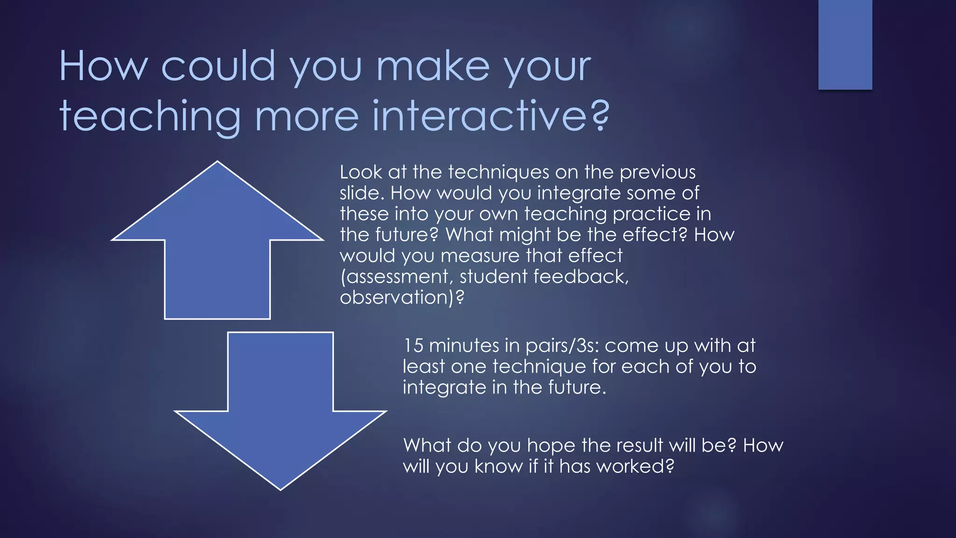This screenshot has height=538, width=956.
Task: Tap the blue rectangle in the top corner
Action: coord(845,44)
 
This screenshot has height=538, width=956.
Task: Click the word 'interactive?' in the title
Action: coord(491,115)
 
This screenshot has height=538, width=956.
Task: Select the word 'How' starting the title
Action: coord(103,66)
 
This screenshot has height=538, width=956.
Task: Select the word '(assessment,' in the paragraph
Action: coord(396,277)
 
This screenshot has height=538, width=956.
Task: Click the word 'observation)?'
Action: coord(402,297)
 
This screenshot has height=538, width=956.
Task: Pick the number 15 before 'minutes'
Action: coord(413,346)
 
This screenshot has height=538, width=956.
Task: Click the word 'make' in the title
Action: coord(433,66)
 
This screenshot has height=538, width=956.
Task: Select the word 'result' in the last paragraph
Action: coord(640,445)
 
